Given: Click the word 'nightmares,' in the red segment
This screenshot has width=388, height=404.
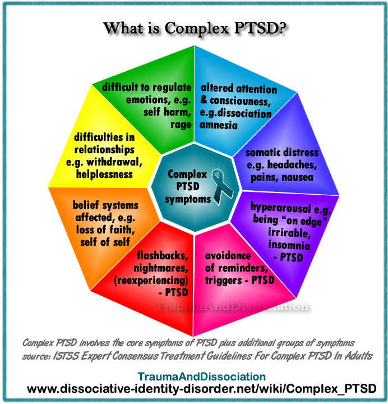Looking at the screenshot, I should tap(163, 268).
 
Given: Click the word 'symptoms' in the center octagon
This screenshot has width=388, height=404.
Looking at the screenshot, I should tap(187, 199).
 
